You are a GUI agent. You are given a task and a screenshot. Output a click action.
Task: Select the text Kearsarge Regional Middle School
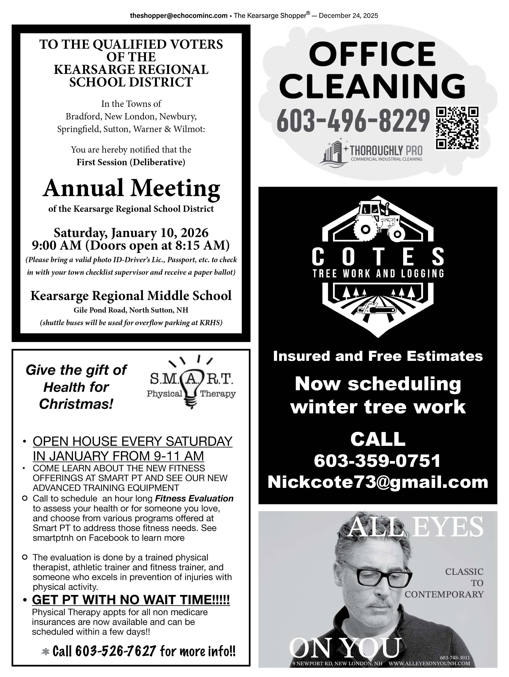point(131,296)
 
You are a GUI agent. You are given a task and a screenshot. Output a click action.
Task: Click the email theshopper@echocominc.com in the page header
point(179,16)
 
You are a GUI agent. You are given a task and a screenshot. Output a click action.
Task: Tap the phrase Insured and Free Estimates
point(378,356)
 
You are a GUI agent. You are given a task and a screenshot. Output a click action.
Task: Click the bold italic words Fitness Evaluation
point(194,499)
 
